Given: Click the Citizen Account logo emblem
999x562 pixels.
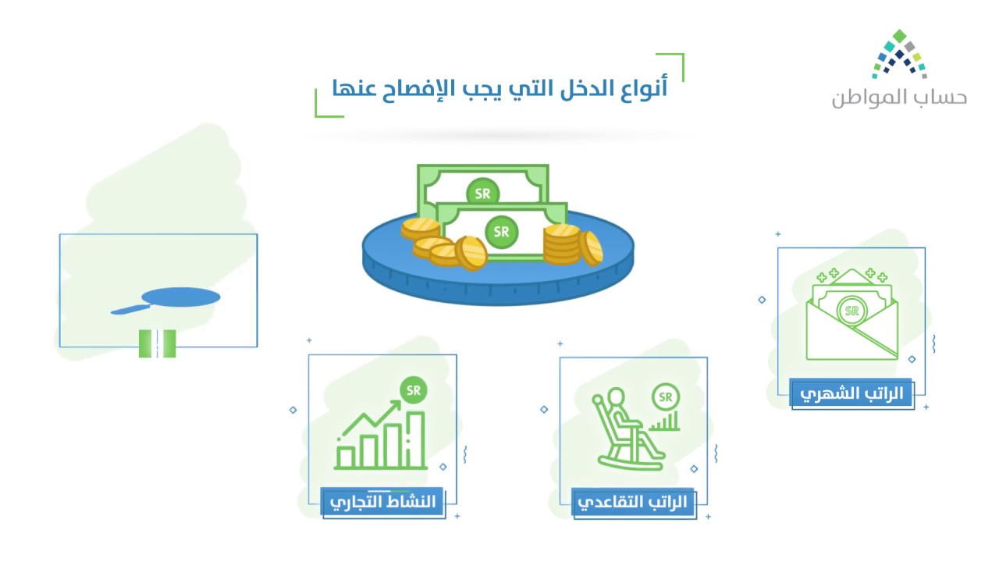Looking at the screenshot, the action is [x=899, y=55].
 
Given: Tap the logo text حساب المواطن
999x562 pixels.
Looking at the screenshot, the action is [x=899, y=98].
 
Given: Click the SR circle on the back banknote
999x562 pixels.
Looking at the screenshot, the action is [x=482, y=193].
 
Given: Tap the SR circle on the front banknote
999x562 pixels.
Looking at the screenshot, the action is [x=501, y=232].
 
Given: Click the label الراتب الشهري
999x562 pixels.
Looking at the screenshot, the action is [x=851, y=394].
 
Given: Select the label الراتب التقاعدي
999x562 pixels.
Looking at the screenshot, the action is [x=632, y=502].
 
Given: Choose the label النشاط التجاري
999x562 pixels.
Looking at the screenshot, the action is [x=382, y=502].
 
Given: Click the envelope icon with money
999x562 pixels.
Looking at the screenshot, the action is [x=851, y=314].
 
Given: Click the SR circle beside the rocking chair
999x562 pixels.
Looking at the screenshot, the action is [x=666, y=397].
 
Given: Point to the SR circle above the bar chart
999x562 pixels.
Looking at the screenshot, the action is [x=414, y=390].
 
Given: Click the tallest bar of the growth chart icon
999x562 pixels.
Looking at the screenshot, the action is [x=415, y=439].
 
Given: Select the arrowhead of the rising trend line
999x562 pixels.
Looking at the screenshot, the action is [x=396, y=405].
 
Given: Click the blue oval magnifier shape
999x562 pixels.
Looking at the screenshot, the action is [x=180, y=297].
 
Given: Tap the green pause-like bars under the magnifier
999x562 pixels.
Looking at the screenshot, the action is [x=157, y=343].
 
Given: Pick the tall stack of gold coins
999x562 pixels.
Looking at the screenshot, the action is [x=561, y=245].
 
